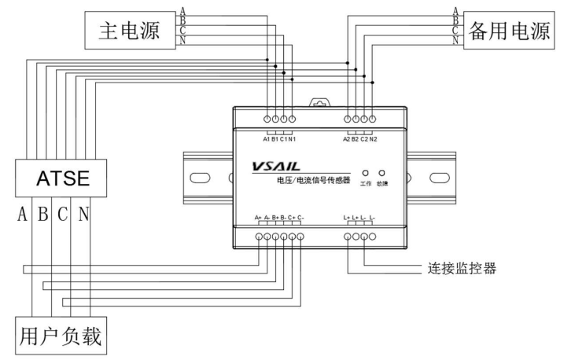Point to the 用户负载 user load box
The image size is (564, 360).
tap(61, 336)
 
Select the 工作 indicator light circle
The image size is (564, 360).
tap(365, 172)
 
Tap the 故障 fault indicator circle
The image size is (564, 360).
tap(382, 172)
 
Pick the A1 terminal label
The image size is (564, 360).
tap(267, 138)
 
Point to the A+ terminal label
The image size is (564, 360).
tap(259, 218)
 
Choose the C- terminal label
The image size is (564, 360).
tap(300, 218)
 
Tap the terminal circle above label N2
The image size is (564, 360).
tap(372, 119)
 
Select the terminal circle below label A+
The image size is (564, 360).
tap(260, 237)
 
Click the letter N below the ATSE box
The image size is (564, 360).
tap(83, 215)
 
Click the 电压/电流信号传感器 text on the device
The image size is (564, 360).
tap(303, 182)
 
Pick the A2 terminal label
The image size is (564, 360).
tap(347, 138)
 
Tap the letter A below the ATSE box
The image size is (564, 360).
tap(21, 215)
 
